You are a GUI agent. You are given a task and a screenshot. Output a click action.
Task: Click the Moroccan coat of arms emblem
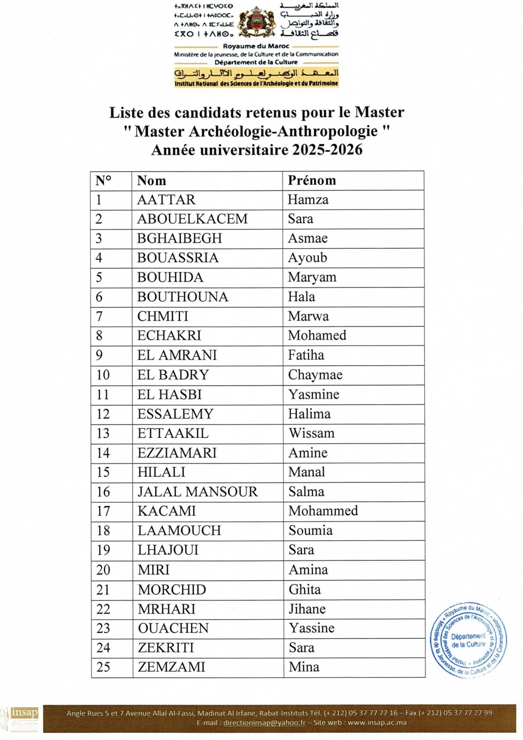click(x=256, y=22)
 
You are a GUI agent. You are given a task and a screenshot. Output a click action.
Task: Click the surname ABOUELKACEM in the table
click(x=192, y=219)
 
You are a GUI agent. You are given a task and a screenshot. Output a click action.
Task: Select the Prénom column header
click(x=312, y=180)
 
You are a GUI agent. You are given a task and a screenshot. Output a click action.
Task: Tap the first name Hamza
click(x=308, y=200)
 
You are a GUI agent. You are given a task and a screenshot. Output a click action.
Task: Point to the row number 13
click(x=103, y=433)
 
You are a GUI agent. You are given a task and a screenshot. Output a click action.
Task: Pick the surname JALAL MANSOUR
click(x=197, y=492)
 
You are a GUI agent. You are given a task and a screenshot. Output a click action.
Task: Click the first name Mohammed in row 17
click(x=323, y=511)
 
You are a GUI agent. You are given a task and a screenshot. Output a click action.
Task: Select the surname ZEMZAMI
click(x=171, y=667)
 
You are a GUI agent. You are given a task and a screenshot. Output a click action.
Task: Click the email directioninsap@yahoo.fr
click(x=264, y=722)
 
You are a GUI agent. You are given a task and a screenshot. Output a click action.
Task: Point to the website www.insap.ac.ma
click(x=377, y=722)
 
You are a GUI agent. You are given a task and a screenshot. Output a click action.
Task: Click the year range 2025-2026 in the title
click(x=327, y=150)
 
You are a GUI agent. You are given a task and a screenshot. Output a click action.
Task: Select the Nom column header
click(x=151, y=181)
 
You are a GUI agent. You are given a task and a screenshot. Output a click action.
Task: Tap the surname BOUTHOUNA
click(x=182, y=297)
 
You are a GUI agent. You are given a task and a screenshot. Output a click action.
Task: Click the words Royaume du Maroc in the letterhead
click(x=256, y=46)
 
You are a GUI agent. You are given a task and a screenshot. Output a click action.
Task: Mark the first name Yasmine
click(x=314, y=394)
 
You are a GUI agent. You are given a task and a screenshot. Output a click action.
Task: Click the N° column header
click(x=103, y=181)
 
